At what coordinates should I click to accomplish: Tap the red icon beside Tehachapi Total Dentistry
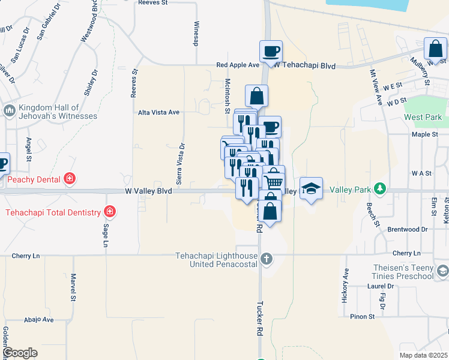[109, 211]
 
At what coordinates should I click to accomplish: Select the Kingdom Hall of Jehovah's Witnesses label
[58, 112]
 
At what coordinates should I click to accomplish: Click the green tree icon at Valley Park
[379, 190]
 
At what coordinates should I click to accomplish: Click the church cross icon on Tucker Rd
[267, 260]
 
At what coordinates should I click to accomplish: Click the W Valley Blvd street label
[149, 191]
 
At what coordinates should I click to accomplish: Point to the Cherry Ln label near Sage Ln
[26, 256]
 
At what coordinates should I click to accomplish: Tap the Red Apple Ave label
[238, 65]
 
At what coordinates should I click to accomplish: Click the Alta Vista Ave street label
[159, 112]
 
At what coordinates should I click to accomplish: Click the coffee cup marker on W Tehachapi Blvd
[271, 50]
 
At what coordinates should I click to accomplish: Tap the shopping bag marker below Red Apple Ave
[256, 95]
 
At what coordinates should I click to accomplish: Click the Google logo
[20, 353]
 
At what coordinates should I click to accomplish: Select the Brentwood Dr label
[407, 229]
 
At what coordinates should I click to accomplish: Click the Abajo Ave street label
[39, 320]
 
